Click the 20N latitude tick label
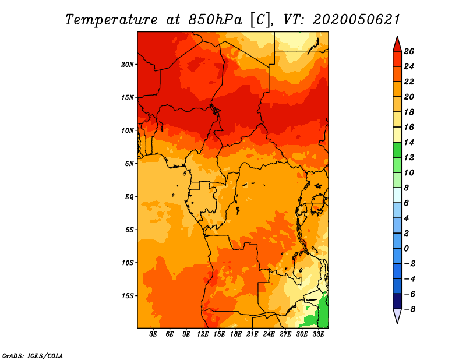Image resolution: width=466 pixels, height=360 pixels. (128, 64)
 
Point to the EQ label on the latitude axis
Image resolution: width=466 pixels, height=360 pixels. (129, 196)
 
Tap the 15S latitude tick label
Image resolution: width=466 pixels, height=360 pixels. (128, 295)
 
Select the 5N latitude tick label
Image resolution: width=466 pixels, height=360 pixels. (129, 164)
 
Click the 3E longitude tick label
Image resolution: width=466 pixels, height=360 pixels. (153, 334)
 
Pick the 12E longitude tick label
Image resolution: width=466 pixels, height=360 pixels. (203, 334)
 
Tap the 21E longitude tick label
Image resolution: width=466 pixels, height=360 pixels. (252, 334)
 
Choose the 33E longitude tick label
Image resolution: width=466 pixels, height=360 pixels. (318, 334)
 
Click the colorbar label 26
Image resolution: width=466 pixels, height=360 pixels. (409, 51)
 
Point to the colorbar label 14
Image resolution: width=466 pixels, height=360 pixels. (409, 142)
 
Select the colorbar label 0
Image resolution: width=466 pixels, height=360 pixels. (406, 248)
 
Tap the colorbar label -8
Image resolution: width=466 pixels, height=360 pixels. (409, 309)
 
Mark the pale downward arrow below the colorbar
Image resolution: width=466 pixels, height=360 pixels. (397, 315)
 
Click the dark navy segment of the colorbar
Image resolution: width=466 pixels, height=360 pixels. (397, 301)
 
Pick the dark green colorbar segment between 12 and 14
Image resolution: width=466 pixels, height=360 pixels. (397, 150)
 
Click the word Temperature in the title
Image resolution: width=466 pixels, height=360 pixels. (111, 20)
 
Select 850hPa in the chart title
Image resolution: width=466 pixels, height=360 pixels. (215, 20)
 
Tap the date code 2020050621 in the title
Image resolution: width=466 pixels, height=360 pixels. (356, 20)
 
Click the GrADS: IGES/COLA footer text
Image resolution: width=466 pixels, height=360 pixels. (33, 355)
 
